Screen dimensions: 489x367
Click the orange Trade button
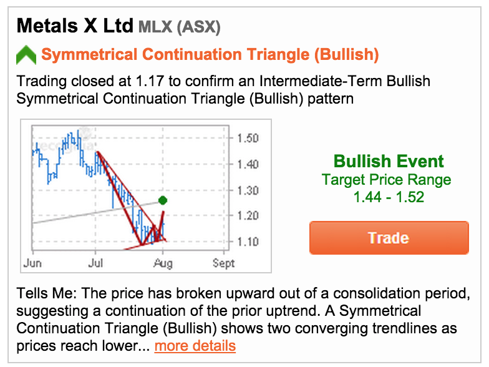tap(389, 238)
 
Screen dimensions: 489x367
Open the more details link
tap(195, 346)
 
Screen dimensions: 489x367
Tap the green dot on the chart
tap(162, 200)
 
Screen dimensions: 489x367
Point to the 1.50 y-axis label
tap(248, 139)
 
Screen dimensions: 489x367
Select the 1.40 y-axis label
tap(248, 164)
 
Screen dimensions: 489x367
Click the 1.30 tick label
tap(248, 190)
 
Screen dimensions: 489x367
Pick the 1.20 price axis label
tap(248, 216)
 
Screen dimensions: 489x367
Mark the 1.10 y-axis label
tap(248, 242)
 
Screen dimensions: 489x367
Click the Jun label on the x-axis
tap(32, 263)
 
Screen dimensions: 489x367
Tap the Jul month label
tap(95, 263)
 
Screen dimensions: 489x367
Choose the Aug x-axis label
tap(163, 264)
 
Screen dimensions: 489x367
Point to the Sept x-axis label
tap(223, 263)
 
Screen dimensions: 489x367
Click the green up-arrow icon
tap(26, 55)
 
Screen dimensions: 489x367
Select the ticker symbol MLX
tap(155, 27)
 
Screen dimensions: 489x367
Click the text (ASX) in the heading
tap(198, 27)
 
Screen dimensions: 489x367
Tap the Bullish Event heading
tap(389, 161)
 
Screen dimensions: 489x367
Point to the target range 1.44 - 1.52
tap(389, 197)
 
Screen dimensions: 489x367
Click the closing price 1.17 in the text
tap(150, 81)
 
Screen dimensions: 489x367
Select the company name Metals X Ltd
tap(75, 26)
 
